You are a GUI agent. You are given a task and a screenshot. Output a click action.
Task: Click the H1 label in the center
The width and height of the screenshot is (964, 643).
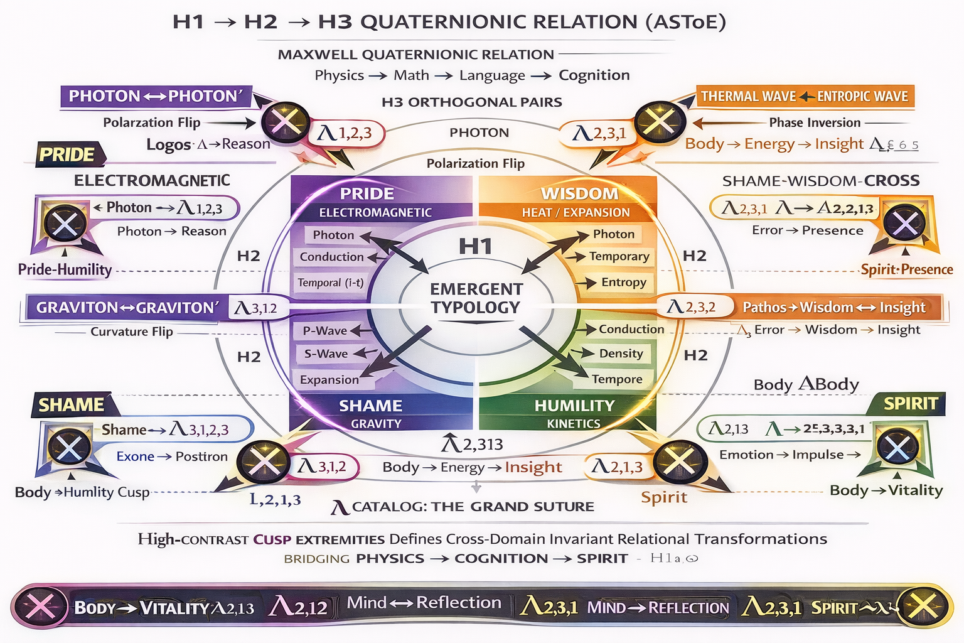click(x=475, y=246)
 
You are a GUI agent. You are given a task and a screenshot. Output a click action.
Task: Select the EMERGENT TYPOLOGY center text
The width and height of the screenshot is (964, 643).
click(x=476, y=298)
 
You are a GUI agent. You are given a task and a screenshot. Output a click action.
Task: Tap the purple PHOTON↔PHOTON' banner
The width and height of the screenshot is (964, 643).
click(x=155, y=96)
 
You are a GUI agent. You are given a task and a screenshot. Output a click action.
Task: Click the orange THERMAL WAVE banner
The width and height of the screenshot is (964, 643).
click(x=805, y=96)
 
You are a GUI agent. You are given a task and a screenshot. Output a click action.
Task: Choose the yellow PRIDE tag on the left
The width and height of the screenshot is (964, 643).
click(x=67, y=154)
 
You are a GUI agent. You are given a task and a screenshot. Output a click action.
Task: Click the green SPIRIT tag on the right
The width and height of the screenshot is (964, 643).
click(x=911, y=403)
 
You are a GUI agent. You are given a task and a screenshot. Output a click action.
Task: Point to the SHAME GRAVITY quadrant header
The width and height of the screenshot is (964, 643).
click(x=375, y=413)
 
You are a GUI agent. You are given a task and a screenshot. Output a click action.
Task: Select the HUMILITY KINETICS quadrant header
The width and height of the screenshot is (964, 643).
click(x=574, y=413)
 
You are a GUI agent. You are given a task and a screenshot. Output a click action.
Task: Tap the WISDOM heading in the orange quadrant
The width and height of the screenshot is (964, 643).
click(x=579, y=193)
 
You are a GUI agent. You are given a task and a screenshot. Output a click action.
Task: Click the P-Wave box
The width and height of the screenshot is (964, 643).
click(x=325, y=330)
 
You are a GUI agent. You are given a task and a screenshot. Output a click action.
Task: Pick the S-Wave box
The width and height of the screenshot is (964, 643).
click(x=326, y=354)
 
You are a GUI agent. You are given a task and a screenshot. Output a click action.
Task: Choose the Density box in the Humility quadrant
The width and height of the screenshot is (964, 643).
click(x=621, y=353)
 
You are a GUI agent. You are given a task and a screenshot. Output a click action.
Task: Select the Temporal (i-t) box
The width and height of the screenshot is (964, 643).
click(x=330, y=283)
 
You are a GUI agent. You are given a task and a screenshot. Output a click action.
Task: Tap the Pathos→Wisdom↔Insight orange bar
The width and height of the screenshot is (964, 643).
click(x=833, y=307)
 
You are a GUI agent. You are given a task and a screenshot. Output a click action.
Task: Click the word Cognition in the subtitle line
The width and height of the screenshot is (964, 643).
click(x=594, y=75)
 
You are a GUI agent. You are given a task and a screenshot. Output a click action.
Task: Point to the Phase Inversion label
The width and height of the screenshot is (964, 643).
click(x=815, y=122)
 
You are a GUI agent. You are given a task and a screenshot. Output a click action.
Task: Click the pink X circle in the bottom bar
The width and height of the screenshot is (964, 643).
click(x=39, y=607)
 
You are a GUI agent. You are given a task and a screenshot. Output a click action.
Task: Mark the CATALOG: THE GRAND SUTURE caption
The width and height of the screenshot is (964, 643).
click(x=473, y=507)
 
